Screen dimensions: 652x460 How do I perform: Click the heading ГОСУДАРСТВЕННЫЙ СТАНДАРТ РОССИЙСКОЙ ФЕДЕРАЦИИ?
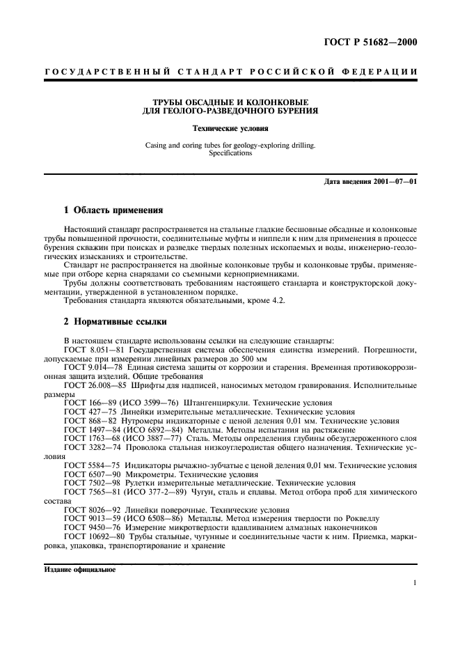tap(230, 72)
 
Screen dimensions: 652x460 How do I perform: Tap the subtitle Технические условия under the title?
tap(230, 129)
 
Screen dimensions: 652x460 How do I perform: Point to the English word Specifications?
tap(230, 153)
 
